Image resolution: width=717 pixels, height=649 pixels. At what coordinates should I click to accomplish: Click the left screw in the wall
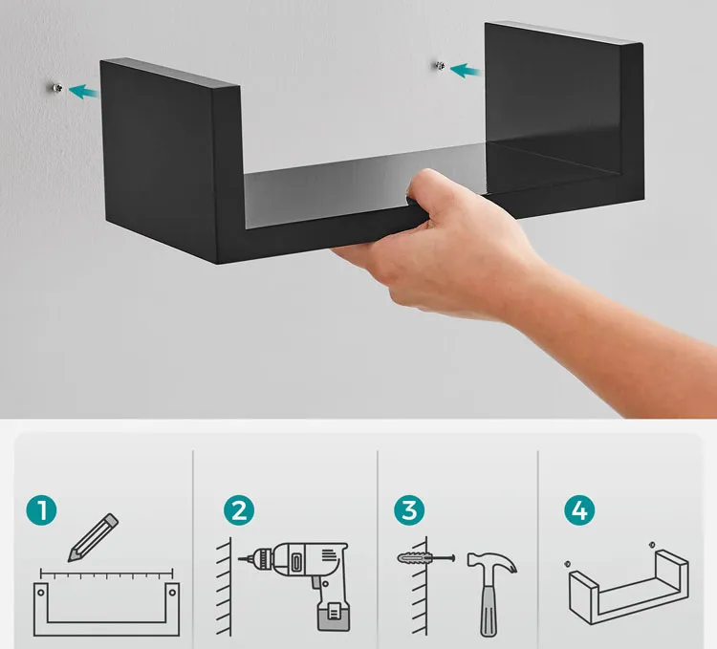tap(57, 88)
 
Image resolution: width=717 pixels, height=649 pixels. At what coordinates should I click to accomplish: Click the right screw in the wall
tap(440, 66)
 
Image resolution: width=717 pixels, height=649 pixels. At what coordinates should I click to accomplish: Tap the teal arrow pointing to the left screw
tap(83, 92)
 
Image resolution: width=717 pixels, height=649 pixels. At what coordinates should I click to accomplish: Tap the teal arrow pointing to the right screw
tap(465, 71)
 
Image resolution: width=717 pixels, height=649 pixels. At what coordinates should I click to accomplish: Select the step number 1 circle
tap(42, 510)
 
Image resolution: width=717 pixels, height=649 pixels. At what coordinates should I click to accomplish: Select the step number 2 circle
tap(239, 510)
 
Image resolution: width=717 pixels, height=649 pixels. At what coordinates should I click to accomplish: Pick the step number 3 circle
tap(409, 510)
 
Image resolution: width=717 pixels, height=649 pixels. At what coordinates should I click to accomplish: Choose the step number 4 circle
tap(579, 510)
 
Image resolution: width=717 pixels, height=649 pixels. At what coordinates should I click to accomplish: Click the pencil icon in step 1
tap(94, 537)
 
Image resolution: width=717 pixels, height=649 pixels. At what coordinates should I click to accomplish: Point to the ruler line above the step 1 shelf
tap(106, 573)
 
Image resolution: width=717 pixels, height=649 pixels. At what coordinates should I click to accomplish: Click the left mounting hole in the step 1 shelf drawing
tap(41, 593)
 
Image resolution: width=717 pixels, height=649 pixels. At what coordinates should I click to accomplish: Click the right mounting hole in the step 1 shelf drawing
tap(172, 593)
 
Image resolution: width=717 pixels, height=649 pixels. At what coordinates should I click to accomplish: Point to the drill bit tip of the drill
tap(239, 558)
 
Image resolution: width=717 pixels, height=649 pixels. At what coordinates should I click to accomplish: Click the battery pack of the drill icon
tap(334, 615)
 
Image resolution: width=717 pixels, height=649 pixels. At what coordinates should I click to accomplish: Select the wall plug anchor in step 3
tap(416, 558)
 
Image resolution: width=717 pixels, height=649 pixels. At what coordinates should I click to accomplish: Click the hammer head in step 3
tap(492, 563)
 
